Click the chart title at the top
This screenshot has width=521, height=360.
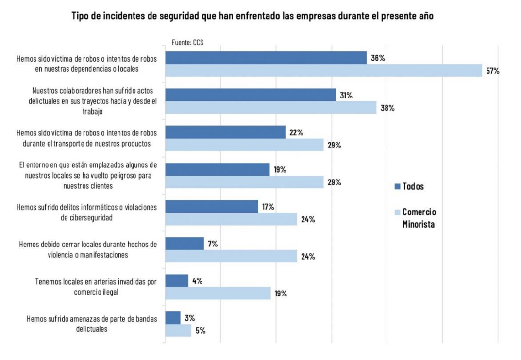click(252, 16)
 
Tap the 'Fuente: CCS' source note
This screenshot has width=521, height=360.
click(187, 43)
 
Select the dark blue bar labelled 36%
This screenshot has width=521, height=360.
click(266, 58)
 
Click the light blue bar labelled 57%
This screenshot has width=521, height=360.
click(323, 70)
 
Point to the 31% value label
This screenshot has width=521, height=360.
click(346, 96)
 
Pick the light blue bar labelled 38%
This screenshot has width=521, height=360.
click(270, 108)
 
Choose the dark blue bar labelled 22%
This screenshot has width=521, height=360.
click(225, 132)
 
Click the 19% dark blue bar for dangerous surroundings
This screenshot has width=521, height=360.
click(217, 169)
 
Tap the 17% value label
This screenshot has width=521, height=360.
click(268, 207)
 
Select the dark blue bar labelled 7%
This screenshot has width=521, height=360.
click(185, 244)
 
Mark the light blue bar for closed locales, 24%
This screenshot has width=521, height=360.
click(231, 256)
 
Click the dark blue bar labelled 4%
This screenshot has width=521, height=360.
click(177, 281)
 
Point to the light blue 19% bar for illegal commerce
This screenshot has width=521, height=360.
click(218, 294)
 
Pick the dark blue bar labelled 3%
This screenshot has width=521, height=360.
click(173, 318)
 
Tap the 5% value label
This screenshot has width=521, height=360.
click(201, 331)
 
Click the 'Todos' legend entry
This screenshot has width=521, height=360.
click(413, 186)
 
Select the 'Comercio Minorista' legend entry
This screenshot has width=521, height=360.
click(419, 218)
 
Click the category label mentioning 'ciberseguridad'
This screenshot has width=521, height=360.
click(87, 213)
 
